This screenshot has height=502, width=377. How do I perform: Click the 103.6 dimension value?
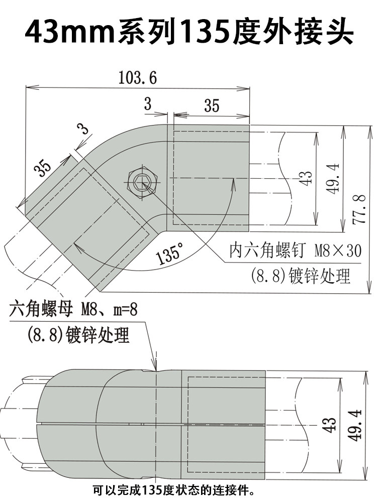[x=137, y=78]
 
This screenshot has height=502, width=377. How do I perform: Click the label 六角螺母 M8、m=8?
[x=73, y=309]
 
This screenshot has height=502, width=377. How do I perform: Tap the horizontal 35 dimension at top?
[x=212, y=105]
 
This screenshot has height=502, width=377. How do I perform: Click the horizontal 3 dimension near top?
[x=148, y=104]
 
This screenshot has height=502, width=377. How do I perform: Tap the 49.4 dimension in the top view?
[x=333, y=178]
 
